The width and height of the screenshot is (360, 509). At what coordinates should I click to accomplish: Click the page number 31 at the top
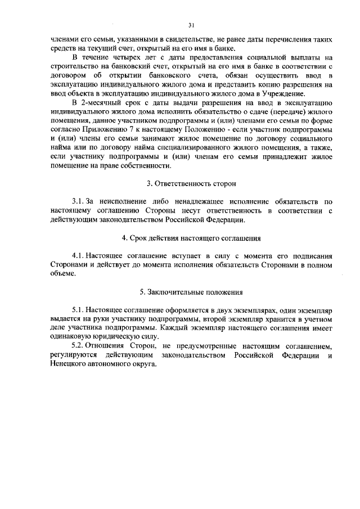point(191,25)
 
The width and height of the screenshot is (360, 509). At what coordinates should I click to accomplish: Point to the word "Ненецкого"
point(66,364)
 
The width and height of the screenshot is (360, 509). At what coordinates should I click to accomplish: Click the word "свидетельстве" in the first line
point(176,40)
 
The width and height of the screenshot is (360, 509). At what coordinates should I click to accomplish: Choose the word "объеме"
point(62,273)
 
